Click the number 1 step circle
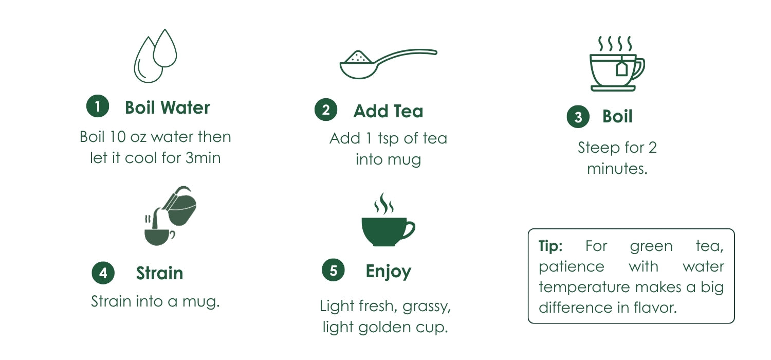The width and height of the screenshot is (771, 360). [98, 106]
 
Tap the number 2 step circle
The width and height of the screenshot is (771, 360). [325, 110]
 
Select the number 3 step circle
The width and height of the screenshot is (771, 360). [578, 117]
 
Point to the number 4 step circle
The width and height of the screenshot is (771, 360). [103, 273]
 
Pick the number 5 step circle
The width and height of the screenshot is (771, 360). [333, 270]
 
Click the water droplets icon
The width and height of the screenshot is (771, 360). [155, 56]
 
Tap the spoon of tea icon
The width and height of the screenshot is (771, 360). [388, 64]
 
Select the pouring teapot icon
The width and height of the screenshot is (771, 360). [170, 215]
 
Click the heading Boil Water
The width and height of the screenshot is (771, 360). [167, 107]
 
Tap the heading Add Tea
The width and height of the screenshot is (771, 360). [388, 111]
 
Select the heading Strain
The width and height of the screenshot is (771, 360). [160, 273]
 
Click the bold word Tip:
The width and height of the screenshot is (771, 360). [550, 246]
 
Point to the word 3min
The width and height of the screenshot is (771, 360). [203, 158]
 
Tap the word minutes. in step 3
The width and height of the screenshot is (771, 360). [617, 169]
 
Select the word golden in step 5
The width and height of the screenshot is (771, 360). [384, 327]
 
